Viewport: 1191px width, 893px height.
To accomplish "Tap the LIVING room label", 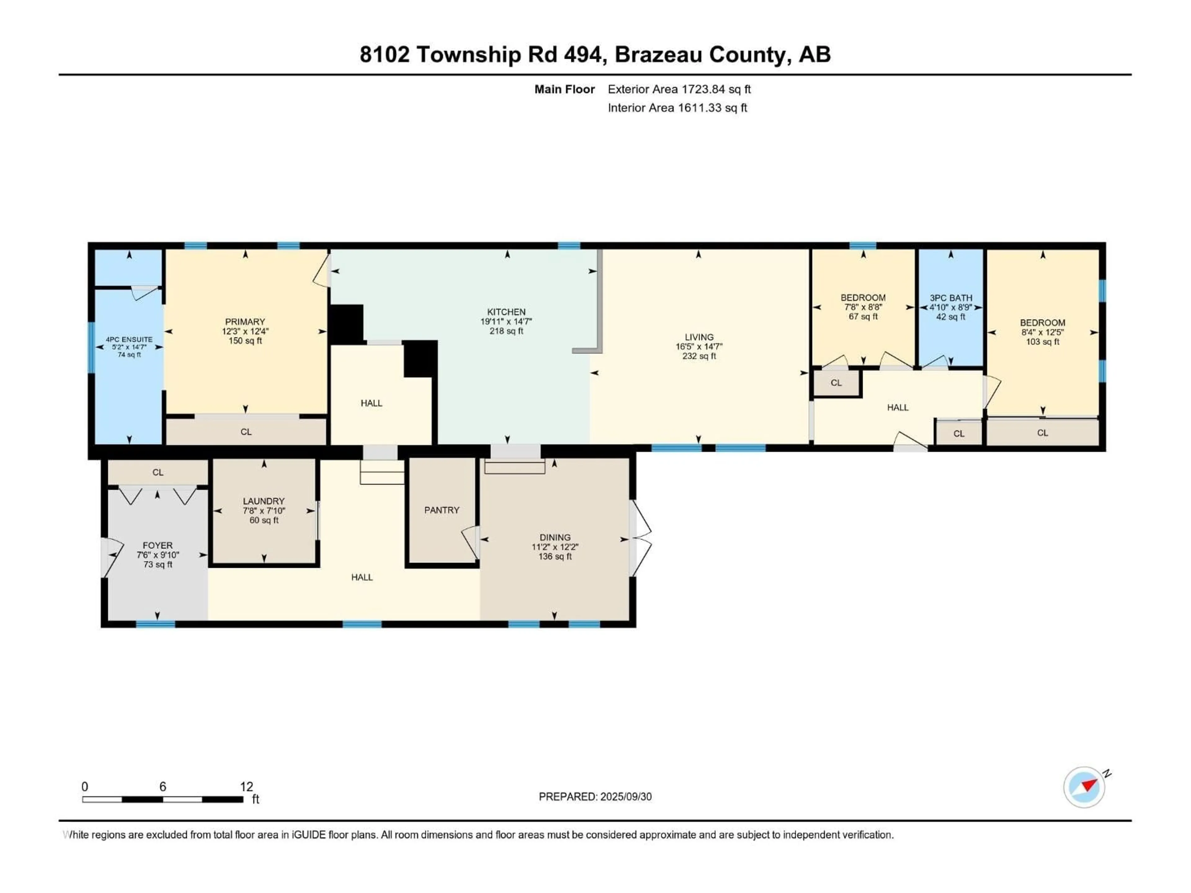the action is [699, 337].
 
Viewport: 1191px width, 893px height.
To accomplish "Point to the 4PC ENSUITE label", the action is [129, 340].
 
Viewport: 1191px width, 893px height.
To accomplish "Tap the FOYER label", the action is [158, 545].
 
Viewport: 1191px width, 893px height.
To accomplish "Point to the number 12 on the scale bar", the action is [247, 786].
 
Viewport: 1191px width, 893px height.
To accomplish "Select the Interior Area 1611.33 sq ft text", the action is [677, 108].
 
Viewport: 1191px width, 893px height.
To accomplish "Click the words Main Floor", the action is [564, 89].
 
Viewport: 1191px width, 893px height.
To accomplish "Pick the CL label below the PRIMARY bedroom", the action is [246, 432].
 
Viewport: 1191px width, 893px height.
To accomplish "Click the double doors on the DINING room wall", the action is [641, 538].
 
